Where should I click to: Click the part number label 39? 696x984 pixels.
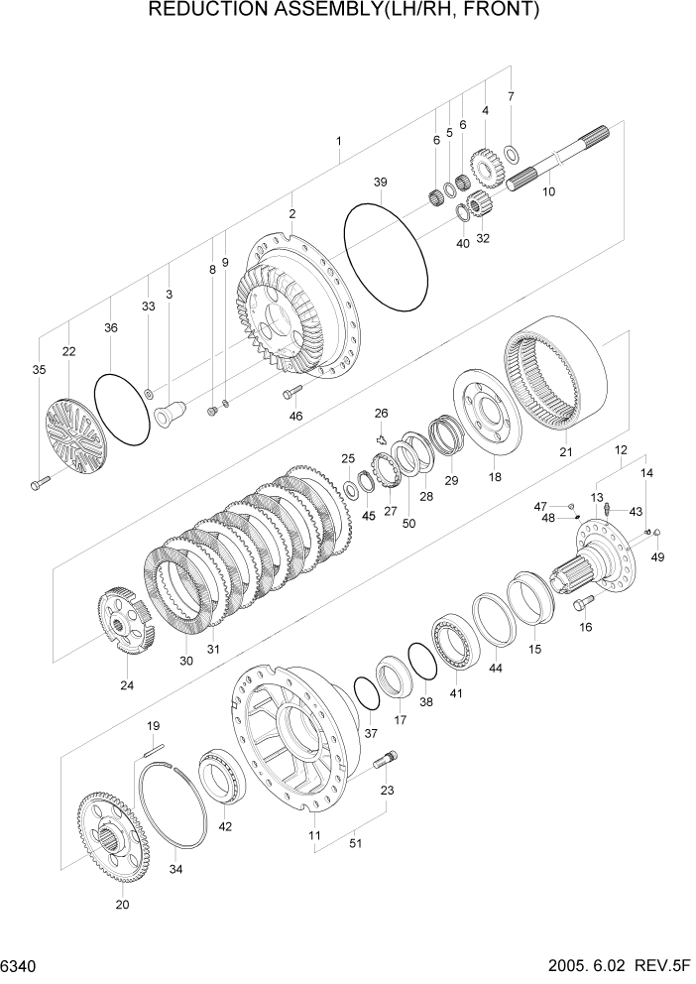(380, 182)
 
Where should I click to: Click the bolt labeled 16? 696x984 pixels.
(580, 602)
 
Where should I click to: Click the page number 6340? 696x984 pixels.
(20, 965)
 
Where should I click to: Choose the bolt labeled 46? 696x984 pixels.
(291, 394)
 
